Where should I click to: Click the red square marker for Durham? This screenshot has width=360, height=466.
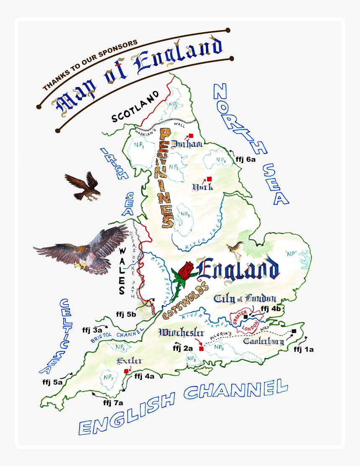[191, 136]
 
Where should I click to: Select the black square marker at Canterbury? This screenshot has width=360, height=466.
[294, 331]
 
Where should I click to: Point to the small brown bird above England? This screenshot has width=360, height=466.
[232, 249]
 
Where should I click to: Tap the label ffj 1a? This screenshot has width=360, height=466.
[303, 349]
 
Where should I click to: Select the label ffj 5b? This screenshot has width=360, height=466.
[126, 314]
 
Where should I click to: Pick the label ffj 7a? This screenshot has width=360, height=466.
[113, 403]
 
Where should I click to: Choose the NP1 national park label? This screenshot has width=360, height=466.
[139, 146]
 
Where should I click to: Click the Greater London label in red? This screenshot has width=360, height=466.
[246, 320]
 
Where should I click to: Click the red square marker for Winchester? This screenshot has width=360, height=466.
[201, 348]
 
